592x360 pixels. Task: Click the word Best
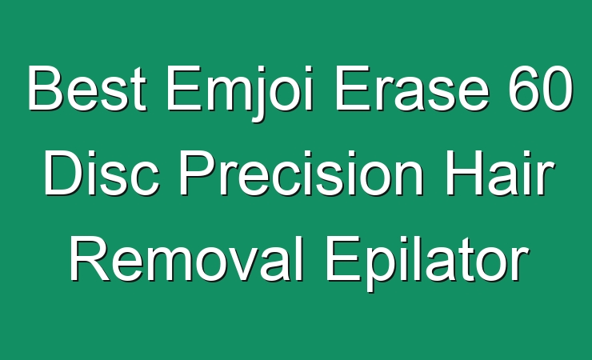[x=87, y=88]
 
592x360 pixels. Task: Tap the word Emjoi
[x=240, y=93]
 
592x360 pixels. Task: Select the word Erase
[x=412, y=88]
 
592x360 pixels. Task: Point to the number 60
[x=541, y=88]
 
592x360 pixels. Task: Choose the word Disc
[x=102, y=173]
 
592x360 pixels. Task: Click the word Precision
[x=302, y=173]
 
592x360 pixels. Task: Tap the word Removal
[x=187, y=258]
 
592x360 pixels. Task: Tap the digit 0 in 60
[x=558, y=88]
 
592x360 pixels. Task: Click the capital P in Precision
[x=196, y=173]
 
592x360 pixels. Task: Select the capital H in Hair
[x=463, y=173]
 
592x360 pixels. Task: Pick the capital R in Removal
[x=90, y=258]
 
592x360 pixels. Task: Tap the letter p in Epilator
[x=379, y=269]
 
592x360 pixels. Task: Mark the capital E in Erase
[x=352, y=88]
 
